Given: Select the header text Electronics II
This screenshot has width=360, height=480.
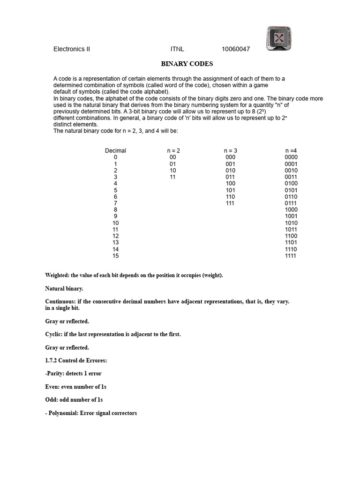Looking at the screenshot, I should pyautogui.click(x=71, y=49).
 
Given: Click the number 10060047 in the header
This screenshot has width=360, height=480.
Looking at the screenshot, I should pyautogui.click(x=236, y=49).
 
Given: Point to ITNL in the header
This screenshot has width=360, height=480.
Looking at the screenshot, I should pyautogui.click(x=177, y=49).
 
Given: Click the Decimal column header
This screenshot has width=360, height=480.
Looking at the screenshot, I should pyautogui.click(x=115, y=150).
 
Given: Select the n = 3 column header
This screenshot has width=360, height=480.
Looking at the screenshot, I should pyautogui.click(x=230, y=150).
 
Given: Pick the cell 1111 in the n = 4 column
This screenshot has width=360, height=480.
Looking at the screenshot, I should pyautogui.click(x=291, y=256).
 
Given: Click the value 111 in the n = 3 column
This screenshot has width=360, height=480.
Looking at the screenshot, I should pyautogui.click(x=230, y=203).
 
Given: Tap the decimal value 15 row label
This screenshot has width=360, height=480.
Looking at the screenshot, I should pyautogui.click(x=115, y=256).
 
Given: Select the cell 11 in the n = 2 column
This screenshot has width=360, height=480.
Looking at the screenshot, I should pyautogui.click(x=172, y=177).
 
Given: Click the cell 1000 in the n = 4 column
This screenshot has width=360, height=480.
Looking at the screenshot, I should pyautogui.click(x=291, y=210).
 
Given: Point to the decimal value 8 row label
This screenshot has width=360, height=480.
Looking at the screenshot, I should pyautogui.click(x=115, y=210).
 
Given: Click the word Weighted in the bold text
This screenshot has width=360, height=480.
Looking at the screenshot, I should pyautogui.click(x=57, y=275).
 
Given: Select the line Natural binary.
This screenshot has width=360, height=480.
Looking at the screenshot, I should pyautogui.click(x=64, y=288).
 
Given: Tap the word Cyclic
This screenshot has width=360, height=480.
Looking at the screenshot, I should pyautogui.click(x=53, y=334).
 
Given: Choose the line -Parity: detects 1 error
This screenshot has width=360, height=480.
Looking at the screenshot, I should pyautogui.click(x=73, y=374).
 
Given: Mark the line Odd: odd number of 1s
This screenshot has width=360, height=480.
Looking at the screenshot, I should pyautogui.click(x=74, y=400).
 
